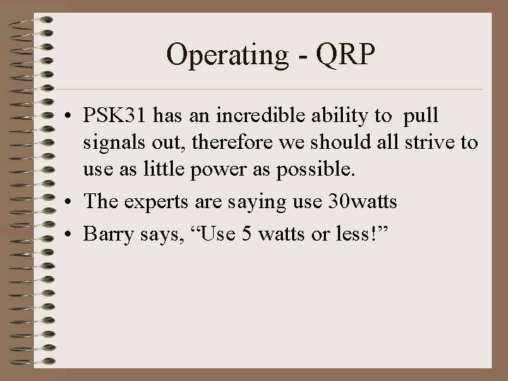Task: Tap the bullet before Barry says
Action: pyautogui.click(x=72, y=234)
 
